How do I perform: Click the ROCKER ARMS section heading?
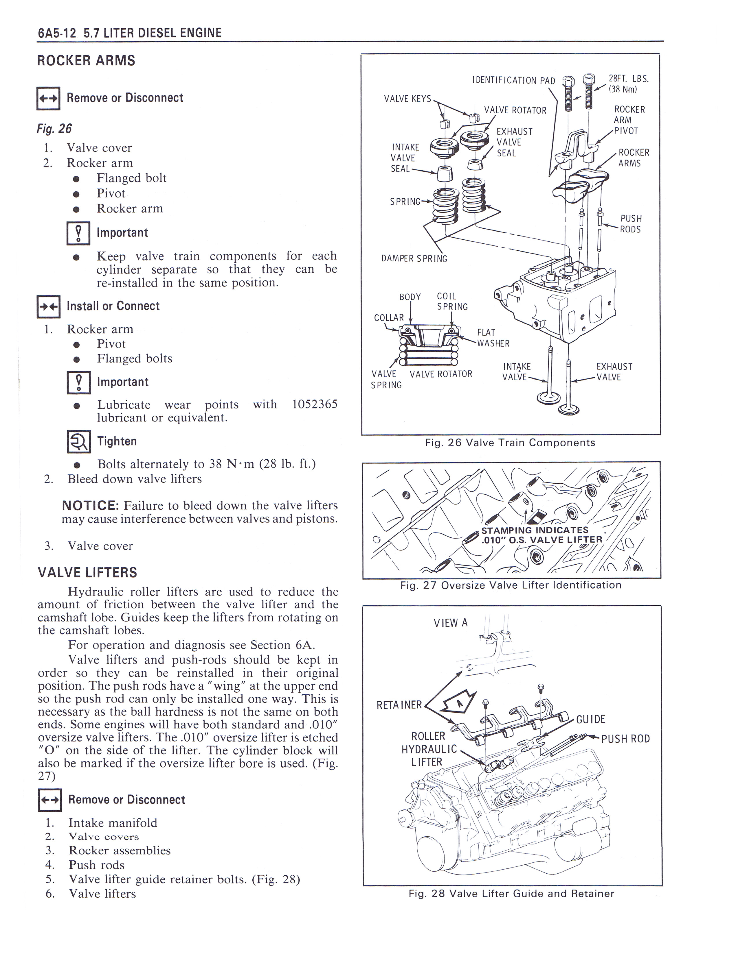[86, 61]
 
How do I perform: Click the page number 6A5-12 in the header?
[57, 33]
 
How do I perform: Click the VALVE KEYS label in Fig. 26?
[407, 99]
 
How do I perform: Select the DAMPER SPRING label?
[414, 259]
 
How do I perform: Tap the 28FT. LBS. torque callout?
[628, 79]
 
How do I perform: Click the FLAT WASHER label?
[493, 338]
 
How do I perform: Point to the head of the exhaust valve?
[569, 409]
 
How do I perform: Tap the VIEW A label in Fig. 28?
[450, 623]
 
